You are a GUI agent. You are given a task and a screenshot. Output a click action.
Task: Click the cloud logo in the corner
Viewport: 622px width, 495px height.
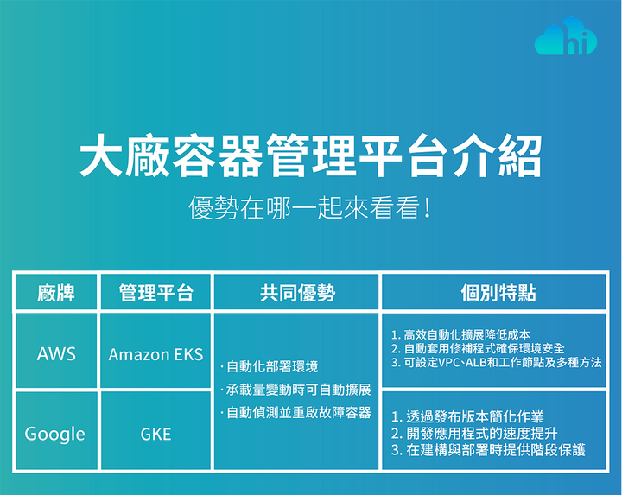tap(566, 36)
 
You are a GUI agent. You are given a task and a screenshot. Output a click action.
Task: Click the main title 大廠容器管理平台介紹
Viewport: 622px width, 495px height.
tap(311, 155)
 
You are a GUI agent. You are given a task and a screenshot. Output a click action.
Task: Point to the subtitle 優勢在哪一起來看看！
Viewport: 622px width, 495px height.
tap(311, 207)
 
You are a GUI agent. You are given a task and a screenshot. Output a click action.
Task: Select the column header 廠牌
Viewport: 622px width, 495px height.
tap(56, 293)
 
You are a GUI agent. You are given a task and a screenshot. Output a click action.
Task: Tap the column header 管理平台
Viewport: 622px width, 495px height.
tap(155, 293)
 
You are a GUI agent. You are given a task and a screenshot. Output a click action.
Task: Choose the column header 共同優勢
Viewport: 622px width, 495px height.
tap(297, 293)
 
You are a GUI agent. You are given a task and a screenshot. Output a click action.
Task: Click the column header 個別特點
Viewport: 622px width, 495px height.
tap(498, 293)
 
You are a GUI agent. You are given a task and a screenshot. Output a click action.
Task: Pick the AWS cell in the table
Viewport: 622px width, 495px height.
tap(56, 354)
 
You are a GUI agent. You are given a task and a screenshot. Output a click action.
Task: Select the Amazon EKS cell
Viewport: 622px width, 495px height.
tap(155, 354)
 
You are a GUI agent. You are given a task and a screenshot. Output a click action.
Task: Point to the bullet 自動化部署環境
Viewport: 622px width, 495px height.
tap(270, 366)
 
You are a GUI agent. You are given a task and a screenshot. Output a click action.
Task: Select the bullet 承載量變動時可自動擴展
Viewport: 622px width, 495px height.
tap(295, 390)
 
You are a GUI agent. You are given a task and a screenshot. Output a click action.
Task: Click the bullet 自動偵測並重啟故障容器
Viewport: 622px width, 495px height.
tap(295, 413)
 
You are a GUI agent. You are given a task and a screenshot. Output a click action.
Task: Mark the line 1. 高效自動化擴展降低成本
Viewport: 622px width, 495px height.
tap(460, 334)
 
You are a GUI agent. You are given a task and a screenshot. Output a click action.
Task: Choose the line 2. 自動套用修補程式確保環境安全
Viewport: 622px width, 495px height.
tap(478, 348)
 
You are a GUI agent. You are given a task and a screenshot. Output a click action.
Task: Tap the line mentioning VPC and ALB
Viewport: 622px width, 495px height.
tap(496, 362)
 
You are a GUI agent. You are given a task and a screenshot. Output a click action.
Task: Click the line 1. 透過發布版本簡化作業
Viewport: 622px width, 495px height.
tap(467, 416)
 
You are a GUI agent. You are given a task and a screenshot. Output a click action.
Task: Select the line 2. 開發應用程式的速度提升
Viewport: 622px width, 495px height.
tap(474, 433)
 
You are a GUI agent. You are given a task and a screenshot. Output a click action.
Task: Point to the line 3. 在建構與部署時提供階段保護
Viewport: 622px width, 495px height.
tap(488, 450)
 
